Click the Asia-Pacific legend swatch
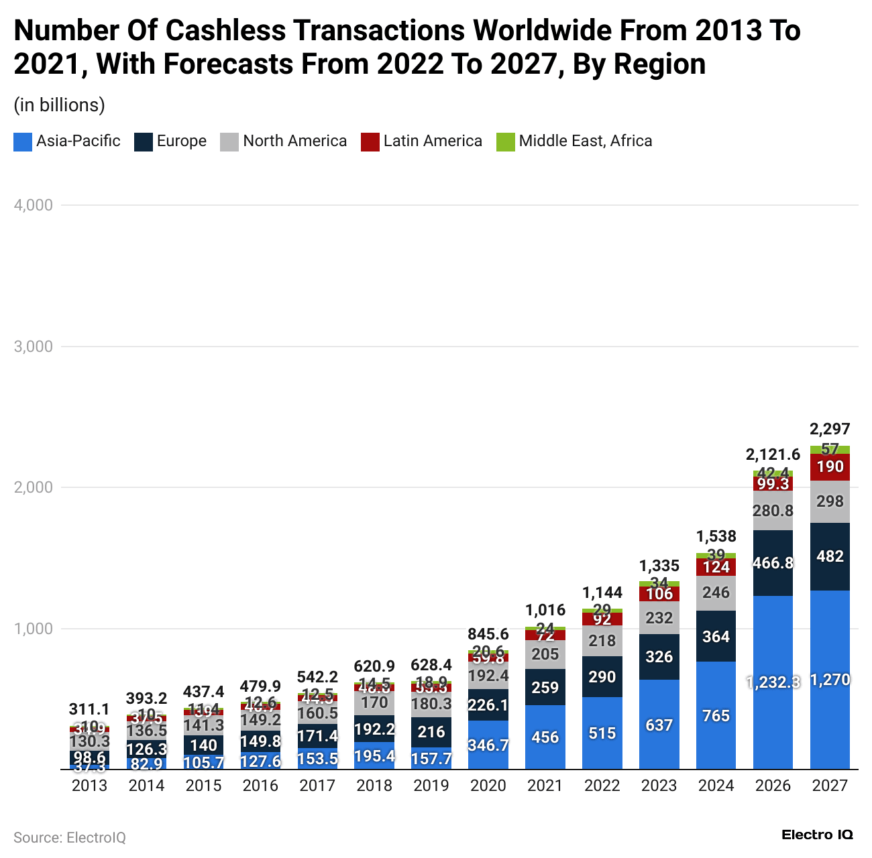[x=22, y=141]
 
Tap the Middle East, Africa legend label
[x=585, y=141]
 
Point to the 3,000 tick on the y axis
[x=34, y=347]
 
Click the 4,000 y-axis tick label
[x=34, y=205]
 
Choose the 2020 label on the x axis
[x=488, y=786]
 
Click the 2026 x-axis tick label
[x=773, y=786]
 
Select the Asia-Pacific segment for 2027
[x=830, y=680]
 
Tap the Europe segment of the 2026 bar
[x=773, y=563]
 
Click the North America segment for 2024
[x=716, y=593]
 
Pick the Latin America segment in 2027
[x=830, y=467]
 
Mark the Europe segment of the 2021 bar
[x=545, y=686]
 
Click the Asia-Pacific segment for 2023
[x=659, y=725]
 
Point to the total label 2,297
[x=830, y=429]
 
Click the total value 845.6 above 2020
[x=488, y=634]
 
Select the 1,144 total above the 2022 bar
[x=602, y=593]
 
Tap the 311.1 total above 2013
[x=89, y=709]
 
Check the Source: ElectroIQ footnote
[x=70, y=838]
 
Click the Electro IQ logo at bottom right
[x=817, y=835]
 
